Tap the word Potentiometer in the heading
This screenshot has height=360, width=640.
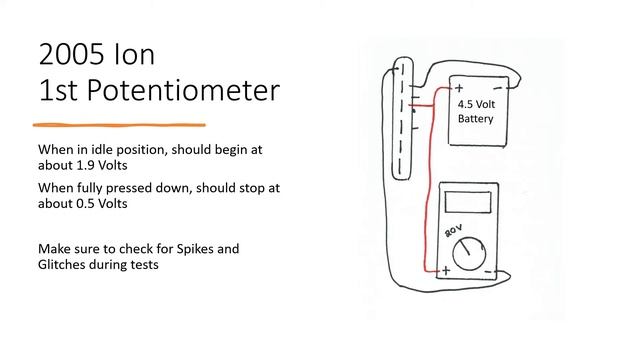pyautogui.click(x=183, y=90)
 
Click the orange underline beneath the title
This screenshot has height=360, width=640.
pyautogui.click(x=119, y=125)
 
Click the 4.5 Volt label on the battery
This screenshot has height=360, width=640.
pyautogui.click(x=476, y=104)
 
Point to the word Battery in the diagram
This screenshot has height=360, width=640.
pyautogui.click(x=476, y=119)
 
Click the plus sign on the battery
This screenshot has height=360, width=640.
pyautogui.click(x=459, y=87)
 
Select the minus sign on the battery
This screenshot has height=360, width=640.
pyautogui.click(x=498, y=88)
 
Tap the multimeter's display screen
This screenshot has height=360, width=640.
pyautogui.click(x=468, y=202)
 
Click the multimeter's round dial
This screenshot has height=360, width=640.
pyautogui.click(x=469, y=253)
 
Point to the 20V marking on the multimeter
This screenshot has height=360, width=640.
pyautogui.click(x=453, y=231)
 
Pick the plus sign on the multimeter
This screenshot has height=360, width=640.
pyautogui.click(x=446, y=270)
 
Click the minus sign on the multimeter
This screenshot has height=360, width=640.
pyautogui.click(x=488, y=271)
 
